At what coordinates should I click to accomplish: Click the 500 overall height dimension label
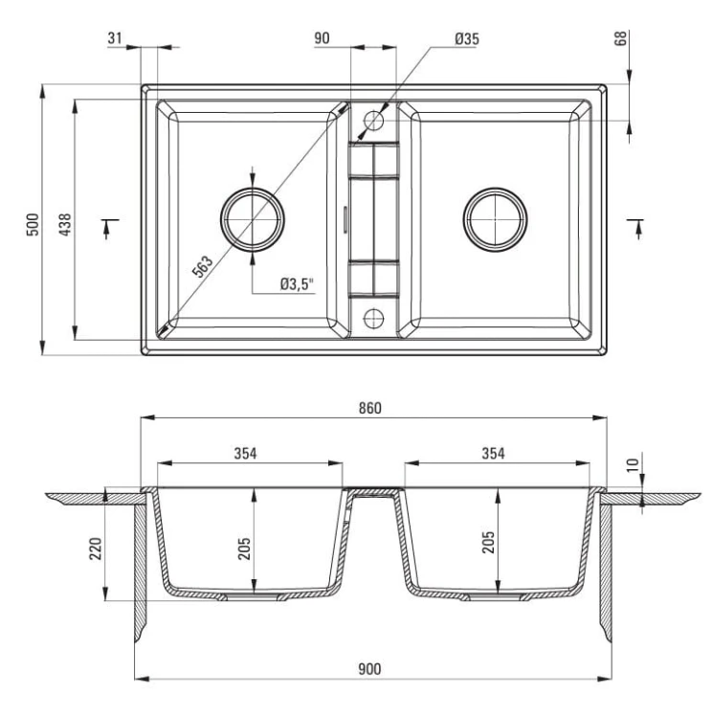33,224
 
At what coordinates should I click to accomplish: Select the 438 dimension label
65,224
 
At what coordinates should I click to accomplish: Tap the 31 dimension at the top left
115,37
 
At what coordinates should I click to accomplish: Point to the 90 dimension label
322,38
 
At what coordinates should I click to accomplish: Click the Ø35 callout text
467,39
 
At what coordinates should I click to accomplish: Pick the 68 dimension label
620,38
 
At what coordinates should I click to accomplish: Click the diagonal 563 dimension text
202,266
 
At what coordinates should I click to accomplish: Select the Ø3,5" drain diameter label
298,284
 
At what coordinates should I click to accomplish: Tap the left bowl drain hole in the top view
253,220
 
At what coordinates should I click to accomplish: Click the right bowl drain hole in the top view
495,220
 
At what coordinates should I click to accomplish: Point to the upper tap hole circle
373,121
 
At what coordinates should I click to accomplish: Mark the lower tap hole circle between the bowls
373,318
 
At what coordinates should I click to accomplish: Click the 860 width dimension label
370,408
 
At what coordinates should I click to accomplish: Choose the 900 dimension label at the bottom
369,669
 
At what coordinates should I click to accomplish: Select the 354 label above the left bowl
245,454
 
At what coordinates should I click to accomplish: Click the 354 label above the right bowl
493,454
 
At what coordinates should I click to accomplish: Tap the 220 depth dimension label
96,549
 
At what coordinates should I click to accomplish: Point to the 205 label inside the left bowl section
244,549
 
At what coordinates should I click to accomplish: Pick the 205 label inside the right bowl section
489,542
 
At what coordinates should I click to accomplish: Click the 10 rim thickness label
633,464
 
